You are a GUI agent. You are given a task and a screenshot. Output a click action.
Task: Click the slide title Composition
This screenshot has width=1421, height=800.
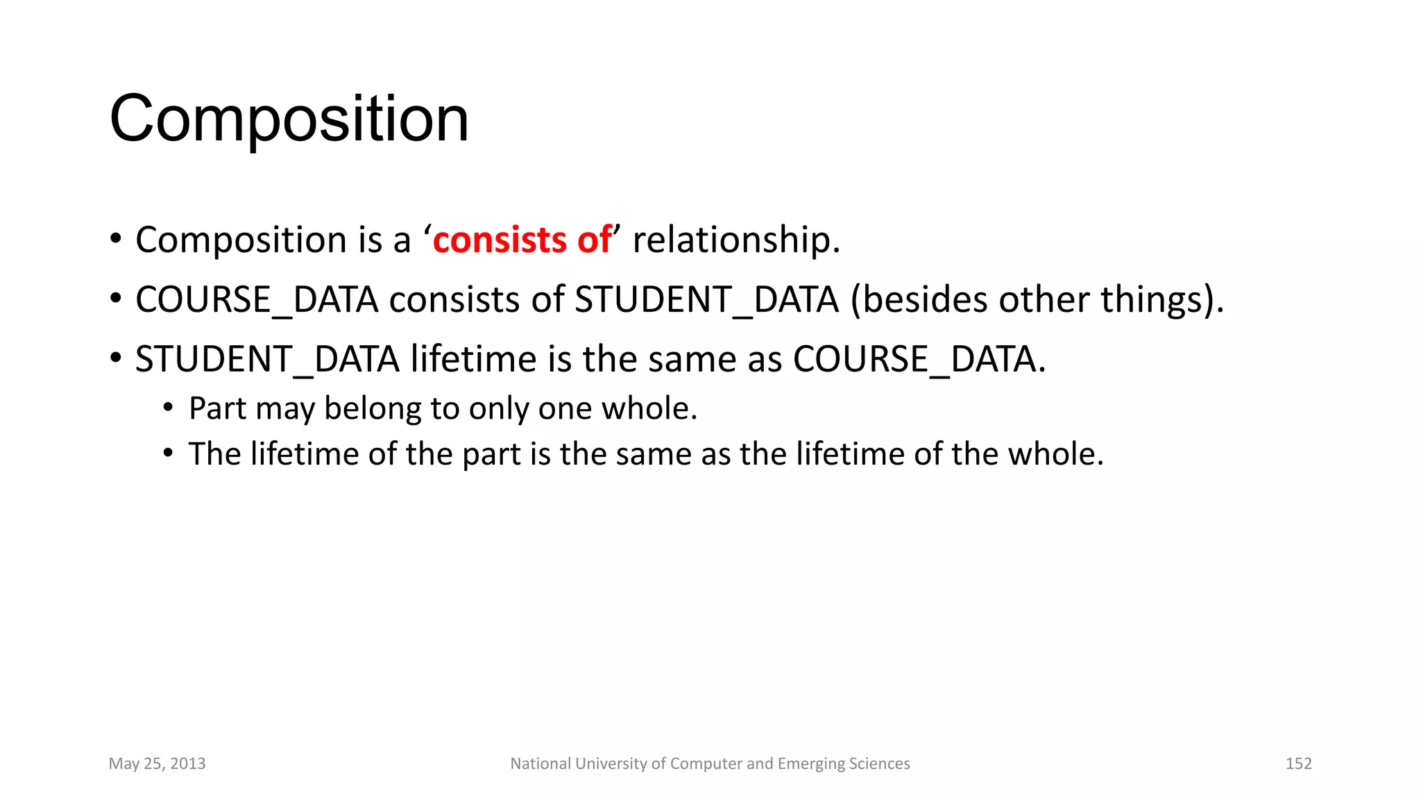click(x=289, y=119)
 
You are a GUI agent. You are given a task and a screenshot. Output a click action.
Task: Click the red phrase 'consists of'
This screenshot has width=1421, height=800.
click(x=522, y=240)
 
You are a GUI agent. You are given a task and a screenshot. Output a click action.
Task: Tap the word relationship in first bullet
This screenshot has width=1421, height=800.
click(x=735, y=240)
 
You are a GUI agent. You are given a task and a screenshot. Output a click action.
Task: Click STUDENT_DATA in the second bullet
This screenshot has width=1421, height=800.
click(x=706, y=300)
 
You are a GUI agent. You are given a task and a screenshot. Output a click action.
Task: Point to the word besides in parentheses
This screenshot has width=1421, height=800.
click(x=923, y=300)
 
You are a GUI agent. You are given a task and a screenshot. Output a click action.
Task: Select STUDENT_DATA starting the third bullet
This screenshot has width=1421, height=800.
click(x=267, y=360)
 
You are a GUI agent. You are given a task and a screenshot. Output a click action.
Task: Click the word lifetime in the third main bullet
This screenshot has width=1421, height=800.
click(x=473, y=360)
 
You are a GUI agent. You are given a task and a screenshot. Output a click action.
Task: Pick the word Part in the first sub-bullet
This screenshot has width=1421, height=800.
click(x=217, y=408)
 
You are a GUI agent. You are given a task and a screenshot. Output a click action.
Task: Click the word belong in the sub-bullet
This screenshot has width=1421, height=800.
click(x=373, y=408)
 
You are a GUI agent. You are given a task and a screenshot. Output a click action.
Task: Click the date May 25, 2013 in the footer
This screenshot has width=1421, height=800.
click(x=157, y=764)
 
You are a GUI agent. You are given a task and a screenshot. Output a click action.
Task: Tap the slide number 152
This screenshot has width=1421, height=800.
click(x=1298, y=764)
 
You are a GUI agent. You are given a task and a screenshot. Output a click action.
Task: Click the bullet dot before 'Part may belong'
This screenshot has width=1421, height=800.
click(x=168, y=409)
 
